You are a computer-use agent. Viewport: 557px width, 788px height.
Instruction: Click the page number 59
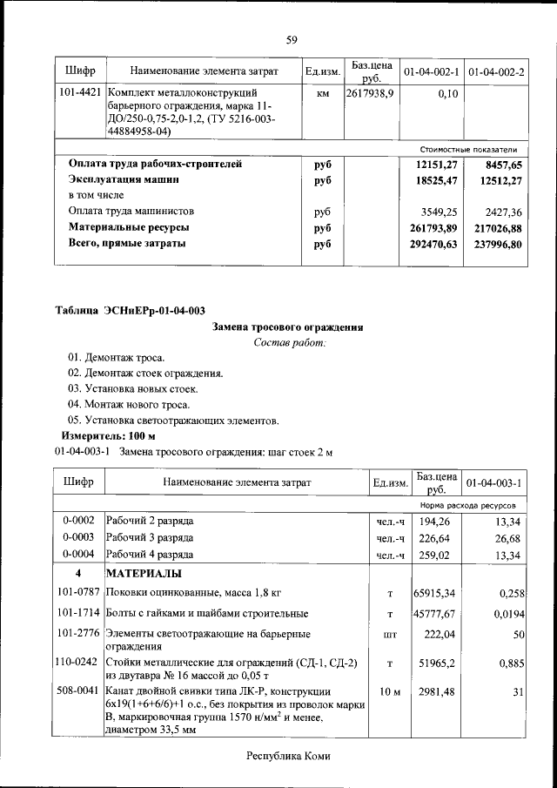(x=292, y=39)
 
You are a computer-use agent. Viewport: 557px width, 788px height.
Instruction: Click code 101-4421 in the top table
(x=80, y=91)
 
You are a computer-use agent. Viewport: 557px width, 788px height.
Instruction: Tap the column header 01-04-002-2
(x=496, y=70)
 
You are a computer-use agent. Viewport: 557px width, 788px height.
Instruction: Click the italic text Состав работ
(x=290, y=342)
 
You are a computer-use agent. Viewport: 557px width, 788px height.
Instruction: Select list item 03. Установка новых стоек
(x=132, y=388)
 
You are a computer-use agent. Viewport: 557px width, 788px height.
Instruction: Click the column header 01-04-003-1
(x=493, y=482)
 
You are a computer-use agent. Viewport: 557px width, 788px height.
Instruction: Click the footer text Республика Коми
(x=289, y=756)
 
